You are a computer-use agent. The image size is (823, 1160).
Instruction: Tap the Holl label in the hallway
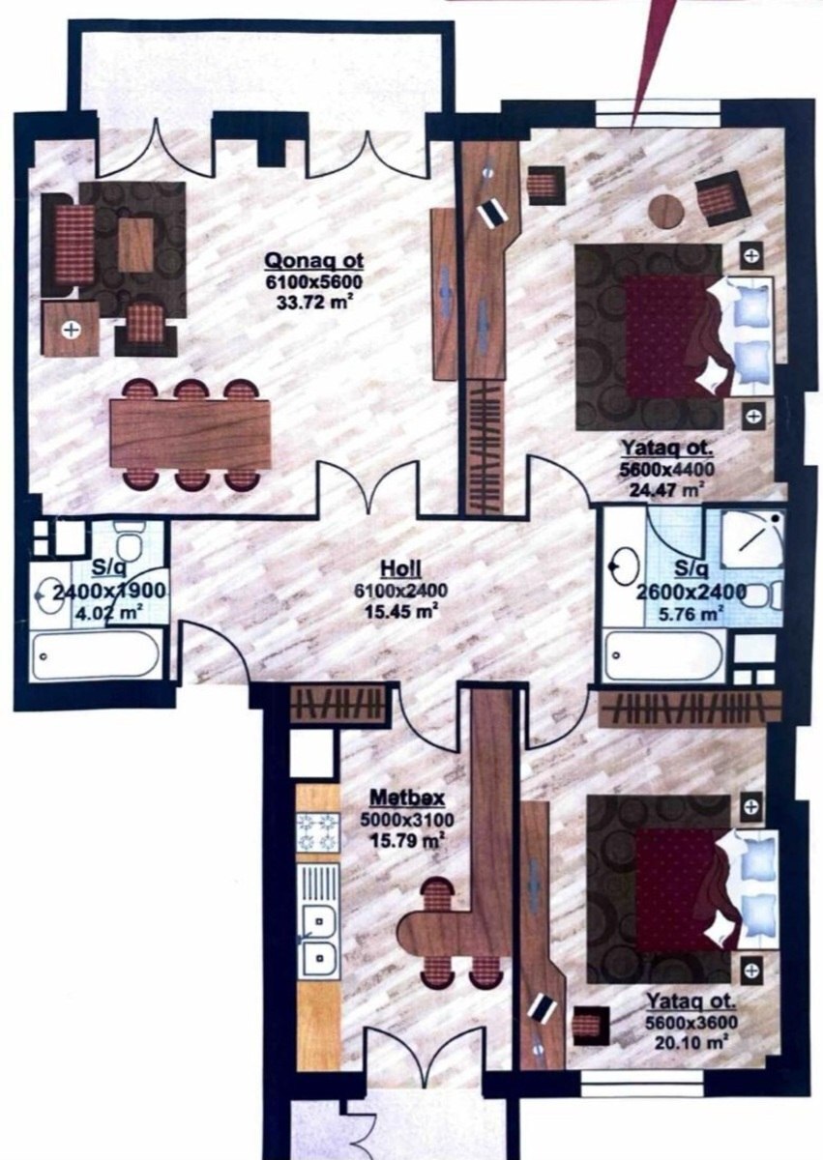click(400, 569)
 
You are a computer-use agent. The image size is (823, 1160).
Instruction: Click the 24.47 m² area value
click(667, 489)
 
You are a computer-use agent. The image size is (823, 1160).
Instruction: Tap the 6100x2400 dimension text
click(401, 591)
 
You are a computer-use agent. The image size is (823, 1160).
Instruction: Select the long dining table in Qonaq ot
click(191, 434)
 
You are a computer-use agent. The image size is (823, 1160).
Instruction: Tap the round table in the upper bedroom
click(666, 209)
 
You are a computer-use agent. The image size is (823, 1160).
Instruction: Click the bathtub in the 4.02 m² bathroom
click(95, 656)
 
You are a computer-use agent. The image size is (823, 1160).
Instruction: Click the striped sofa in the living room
click(68, 245)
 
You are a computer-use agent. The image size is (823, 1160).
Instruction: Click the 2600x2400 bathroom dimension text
click(691, 592)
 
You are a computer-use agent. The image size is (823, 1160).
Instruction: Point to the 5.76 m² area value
click(691, 614)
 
